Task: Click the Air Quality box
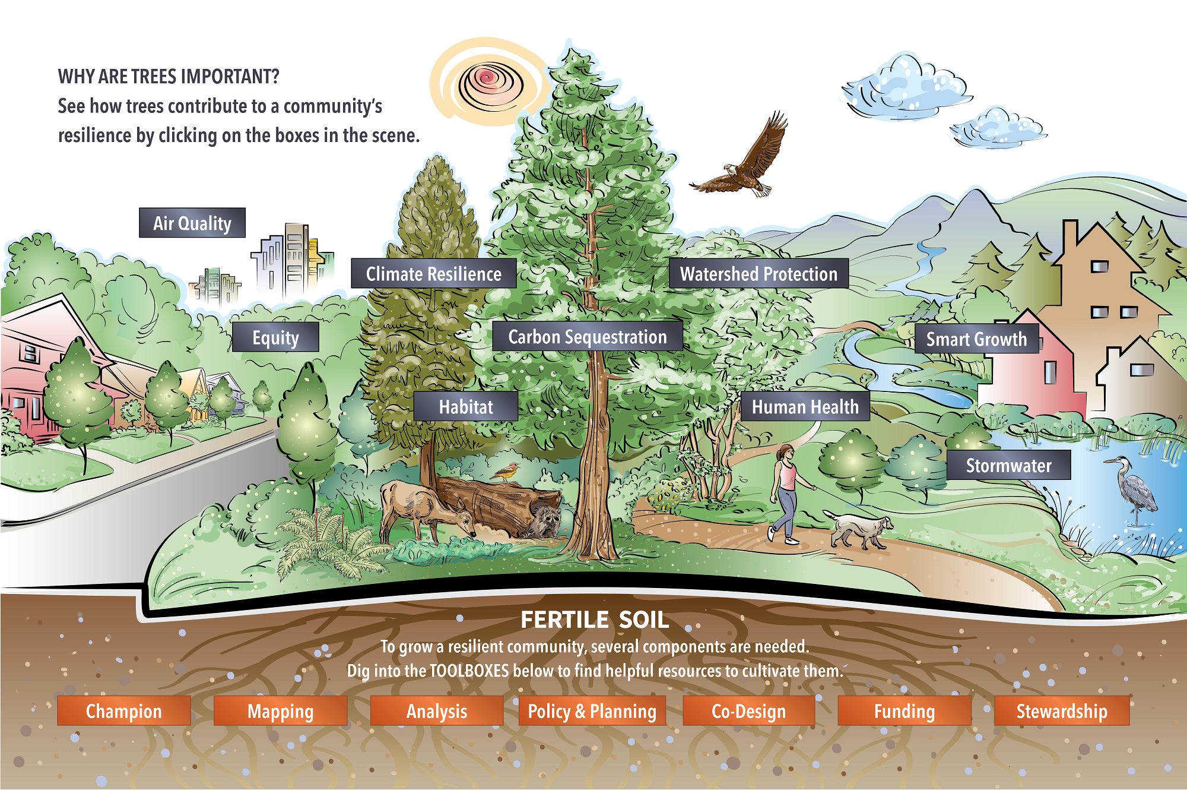tap(192, 223)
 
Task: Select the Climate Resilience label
tap(433, 274)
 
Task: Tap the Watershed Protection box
tap(758, 274)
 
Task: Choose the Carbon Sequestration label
tap(588, 337)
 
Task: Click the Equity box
tap(275, 337)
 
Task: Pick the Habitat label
tap(466, 407)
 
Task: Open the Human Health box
tap(805, 407)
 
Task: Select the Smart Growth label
tap(976, 339)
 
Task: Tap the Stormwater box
tap(1008, 466)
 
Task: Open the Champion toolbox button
tap(123, 711)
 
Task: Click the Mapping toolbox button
tap(280, 711)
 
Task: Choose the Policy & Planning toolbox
tap(592, 711)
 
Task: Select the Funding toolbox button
tap(904, 711)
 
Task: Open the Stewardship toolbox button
tap(1061, 711)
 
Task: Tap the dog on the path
tap(861, 529)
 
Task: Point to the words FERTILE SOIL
tap(595, 620)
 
